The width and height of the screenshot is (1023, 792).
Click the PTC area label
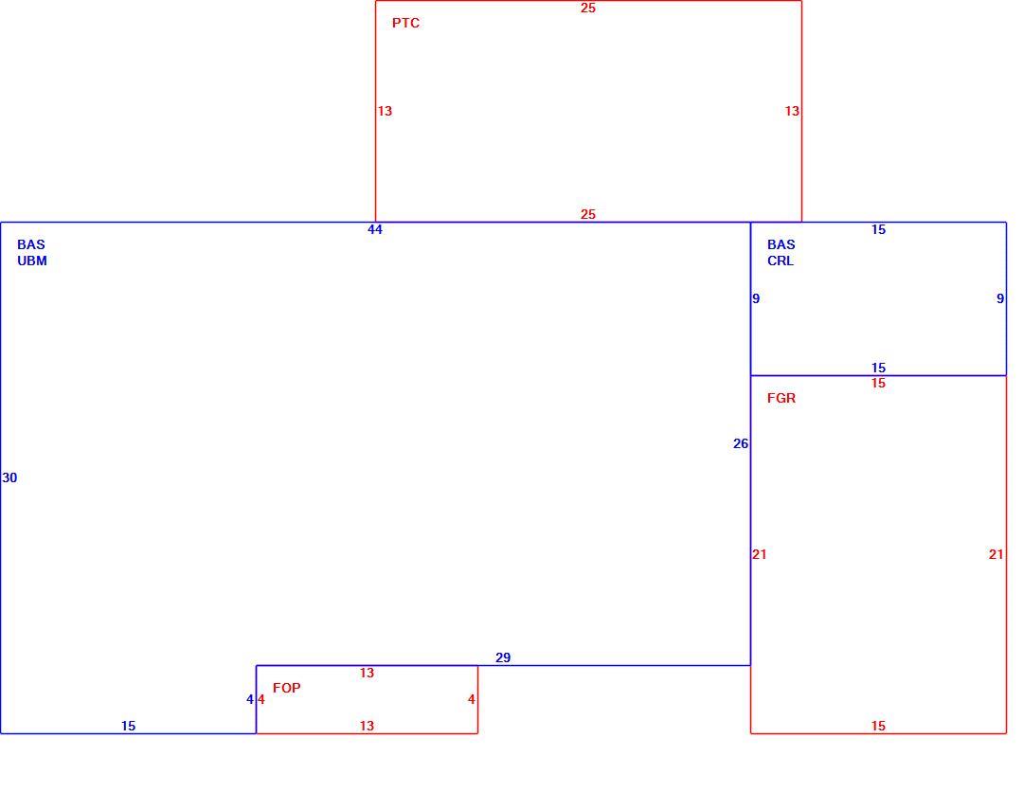[405, 23]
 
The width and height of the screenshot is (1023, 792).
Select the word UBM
[32, 261]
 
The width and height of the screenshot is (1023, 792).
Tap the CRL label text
[781, 261]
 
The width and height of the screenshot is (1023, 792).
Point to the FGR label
[781, 398]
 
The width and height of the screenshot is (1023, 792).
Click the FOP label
[286, 688]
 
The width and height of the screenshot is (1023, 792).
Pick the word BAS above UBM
[31, 244]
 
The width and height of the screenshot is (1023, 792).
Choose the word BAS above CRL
[781, 244]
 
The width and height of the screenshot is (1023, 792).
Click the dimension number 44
[375, 229]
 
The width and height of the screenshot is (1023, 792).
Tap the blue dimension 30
[9, 477]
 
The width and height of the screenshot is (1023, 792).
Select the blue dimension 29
[503, 657]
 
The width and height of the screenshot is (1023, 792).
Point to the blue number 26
[741, 443]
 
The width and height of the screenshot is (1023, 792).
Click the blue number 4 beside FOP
[250, 699]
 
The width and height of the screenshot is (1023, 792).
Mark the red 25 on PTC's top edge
[588, 8]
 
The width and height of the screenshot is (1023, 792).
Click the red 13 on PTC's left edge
[385, 111]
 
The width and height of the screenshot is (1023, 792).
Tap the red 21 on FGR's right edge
[996, 554]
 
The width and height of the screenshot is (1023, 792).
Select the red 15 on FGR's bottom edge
[878, 726]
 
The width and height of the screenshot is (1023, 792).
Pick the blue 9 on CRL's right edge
[1000, 298]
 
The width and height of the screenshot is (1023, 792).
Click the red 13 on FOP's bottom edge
[367, 726]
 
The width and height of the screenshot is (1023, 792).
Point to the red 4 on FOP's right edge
[472, 699]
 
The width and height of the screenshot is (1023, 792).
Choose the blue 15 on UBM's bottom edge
[129, 726]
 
